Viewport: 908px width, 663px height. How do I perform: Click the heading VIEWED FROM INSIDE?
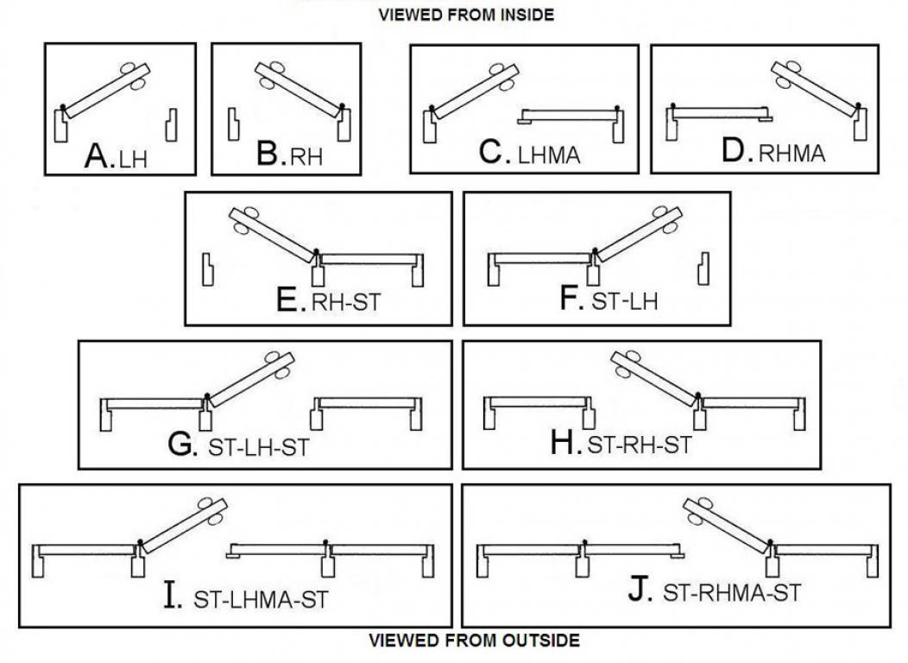coord(465,14)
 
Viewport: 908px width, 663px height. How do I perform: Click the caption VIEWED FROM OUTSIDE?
coord(474,641)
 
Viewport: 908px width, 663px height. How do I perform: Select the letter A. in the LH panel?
coord(100,156)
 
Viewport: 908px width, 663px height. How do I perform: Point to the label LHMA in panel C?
coord(549,156)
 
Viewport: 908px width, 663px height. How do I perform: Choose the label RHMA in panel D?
coord(791,155)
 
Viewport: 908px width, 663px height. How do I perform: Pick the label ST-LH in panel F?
coord(626,303)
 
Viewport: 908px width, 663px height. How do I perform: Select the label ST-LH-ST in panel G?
coord(258,449)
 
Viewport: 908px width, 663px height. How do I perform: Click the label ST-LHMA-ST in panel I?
coord(261,599)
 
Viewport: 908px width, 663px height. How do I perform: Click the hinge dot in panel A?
coord(63,108)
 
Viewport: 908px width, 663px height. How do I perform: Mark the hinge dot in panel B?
coord(343,108)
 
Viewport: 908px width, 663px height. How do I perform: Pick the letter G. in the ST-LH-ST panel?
coord(183,445)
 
